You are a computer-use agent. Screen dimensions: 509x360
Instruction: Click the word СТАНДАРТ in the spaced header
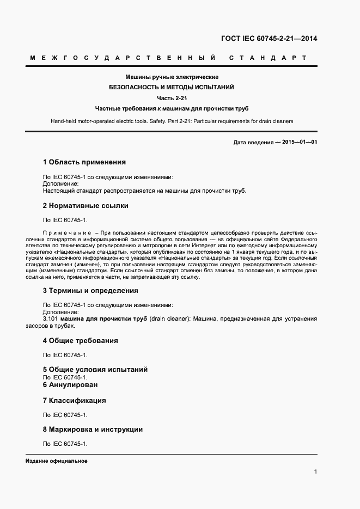(267, 57)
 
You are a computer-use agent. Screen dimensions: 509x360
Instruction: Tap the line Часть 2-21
(172, 97)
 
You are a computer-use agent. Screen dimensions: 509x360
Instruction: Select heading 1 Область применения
(84, 162)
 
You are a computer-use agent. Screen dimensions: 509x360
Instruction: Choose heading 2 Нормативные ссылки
(86, 206)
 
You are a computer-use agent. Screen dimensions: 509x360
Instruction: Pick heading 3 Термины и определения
(90, 291)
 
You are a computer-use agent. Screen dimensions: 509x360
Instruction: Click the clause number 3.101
(50, 318)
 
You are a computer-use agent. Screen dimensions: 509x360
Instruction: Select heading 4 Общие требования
(80, 341)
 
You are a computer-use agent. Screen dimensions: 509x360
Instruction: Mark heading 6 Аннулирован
(70, 385)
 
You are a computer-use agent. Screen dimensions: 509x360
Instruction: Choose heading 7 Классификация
(74, 401)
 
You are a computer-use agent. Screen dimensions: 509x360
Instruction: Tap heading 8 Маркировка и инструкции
(93, 430)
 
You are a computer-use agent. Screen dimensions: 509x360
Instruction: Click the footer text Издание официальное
(57, 461)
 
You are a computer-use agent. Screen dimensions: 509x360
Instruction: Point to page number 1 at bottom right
(315, 472)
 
